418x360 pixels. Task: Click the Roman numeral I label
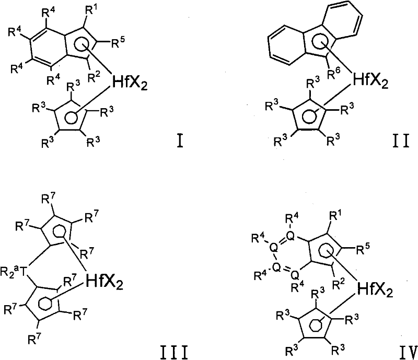click(x=180, y=141)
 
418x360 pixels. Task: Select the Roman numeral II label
click(x=401, y=141)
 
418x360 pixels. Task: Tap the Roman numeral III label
click(x=174, y=352)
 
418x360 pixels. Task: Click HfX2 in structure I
click(x=130, y=83)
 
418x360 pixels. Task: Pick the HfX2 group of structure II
click(x=370, y=81)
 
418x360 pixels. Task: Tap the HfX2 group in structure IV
click(x=375, y=290)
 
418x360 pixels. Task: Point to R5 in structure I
click(x=118, y=42)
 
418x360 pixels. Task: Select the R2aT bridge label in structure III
click(x=14, y=272)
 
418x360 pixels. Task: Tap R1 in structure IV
click(x=334, y=215)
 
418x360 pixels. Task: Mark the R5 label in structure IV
click(x=363, y=249)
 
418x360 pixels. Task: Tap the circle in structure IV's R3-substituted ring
click(x=315, y=326)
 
